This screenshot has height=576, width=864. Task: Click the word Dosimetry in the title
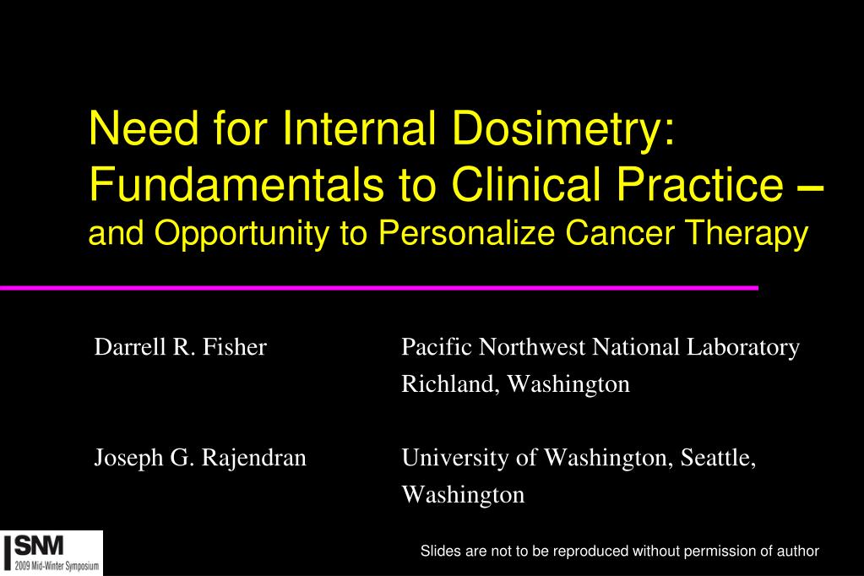coord(561,129)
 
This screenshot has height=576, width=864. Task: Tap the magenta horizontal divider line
coord(380,288)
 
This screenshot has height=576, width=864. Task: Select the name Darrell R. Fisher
coord(180,347)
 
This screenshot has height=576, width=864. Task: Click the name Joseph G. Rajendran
coord(199,459)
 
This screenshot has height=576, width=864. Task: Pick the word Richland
coord(450,385)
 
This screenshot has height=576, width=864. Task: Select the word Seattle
coord(718,459)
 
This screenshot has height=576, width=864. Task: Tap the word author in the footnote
coord(800,552)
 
